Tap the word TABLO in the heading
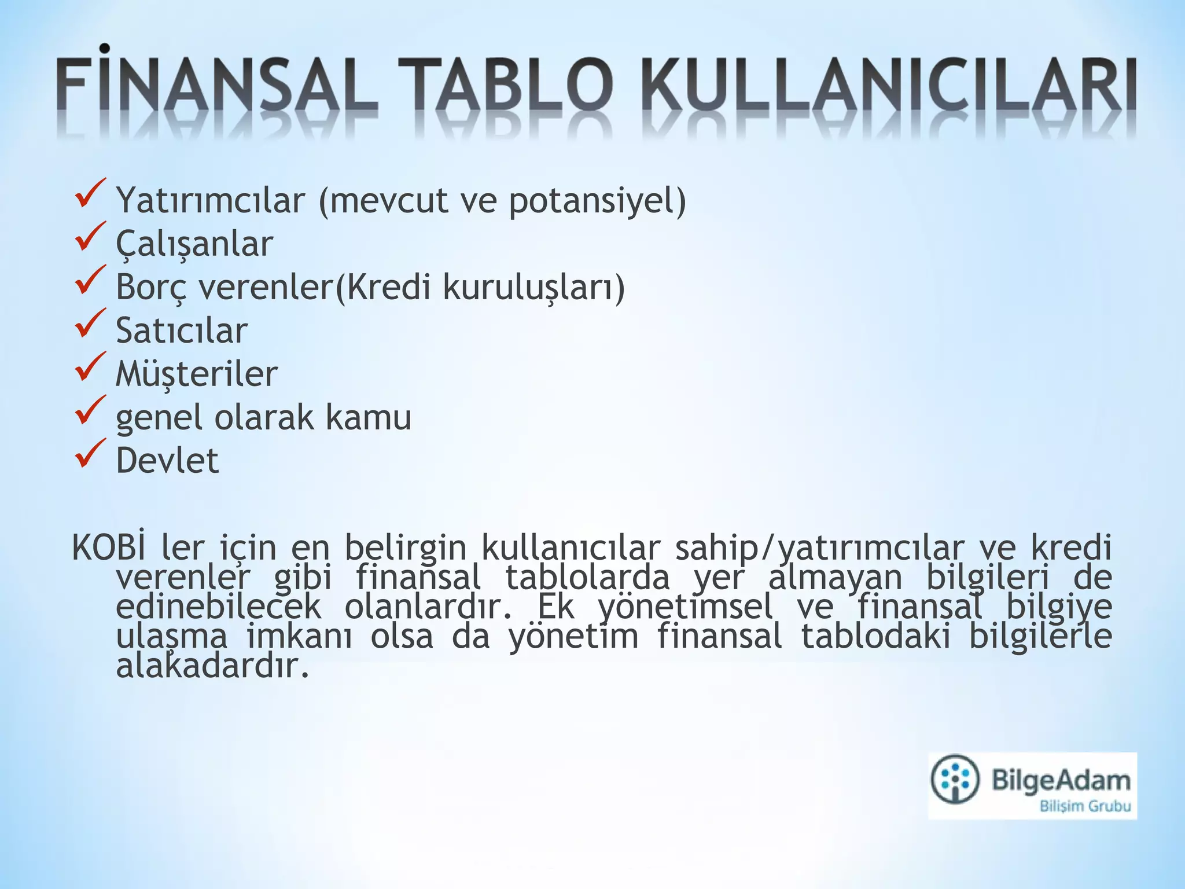[x=504, y=87]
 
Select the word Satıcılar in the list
[x=182, y=330]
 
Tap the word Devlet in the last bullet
[x=167, y=461]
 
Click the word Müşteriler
[x=197, y=374]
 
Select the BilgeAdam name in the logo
[x=1061, y=780]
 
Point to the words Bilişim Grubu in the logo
[x=1085, y=806]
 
